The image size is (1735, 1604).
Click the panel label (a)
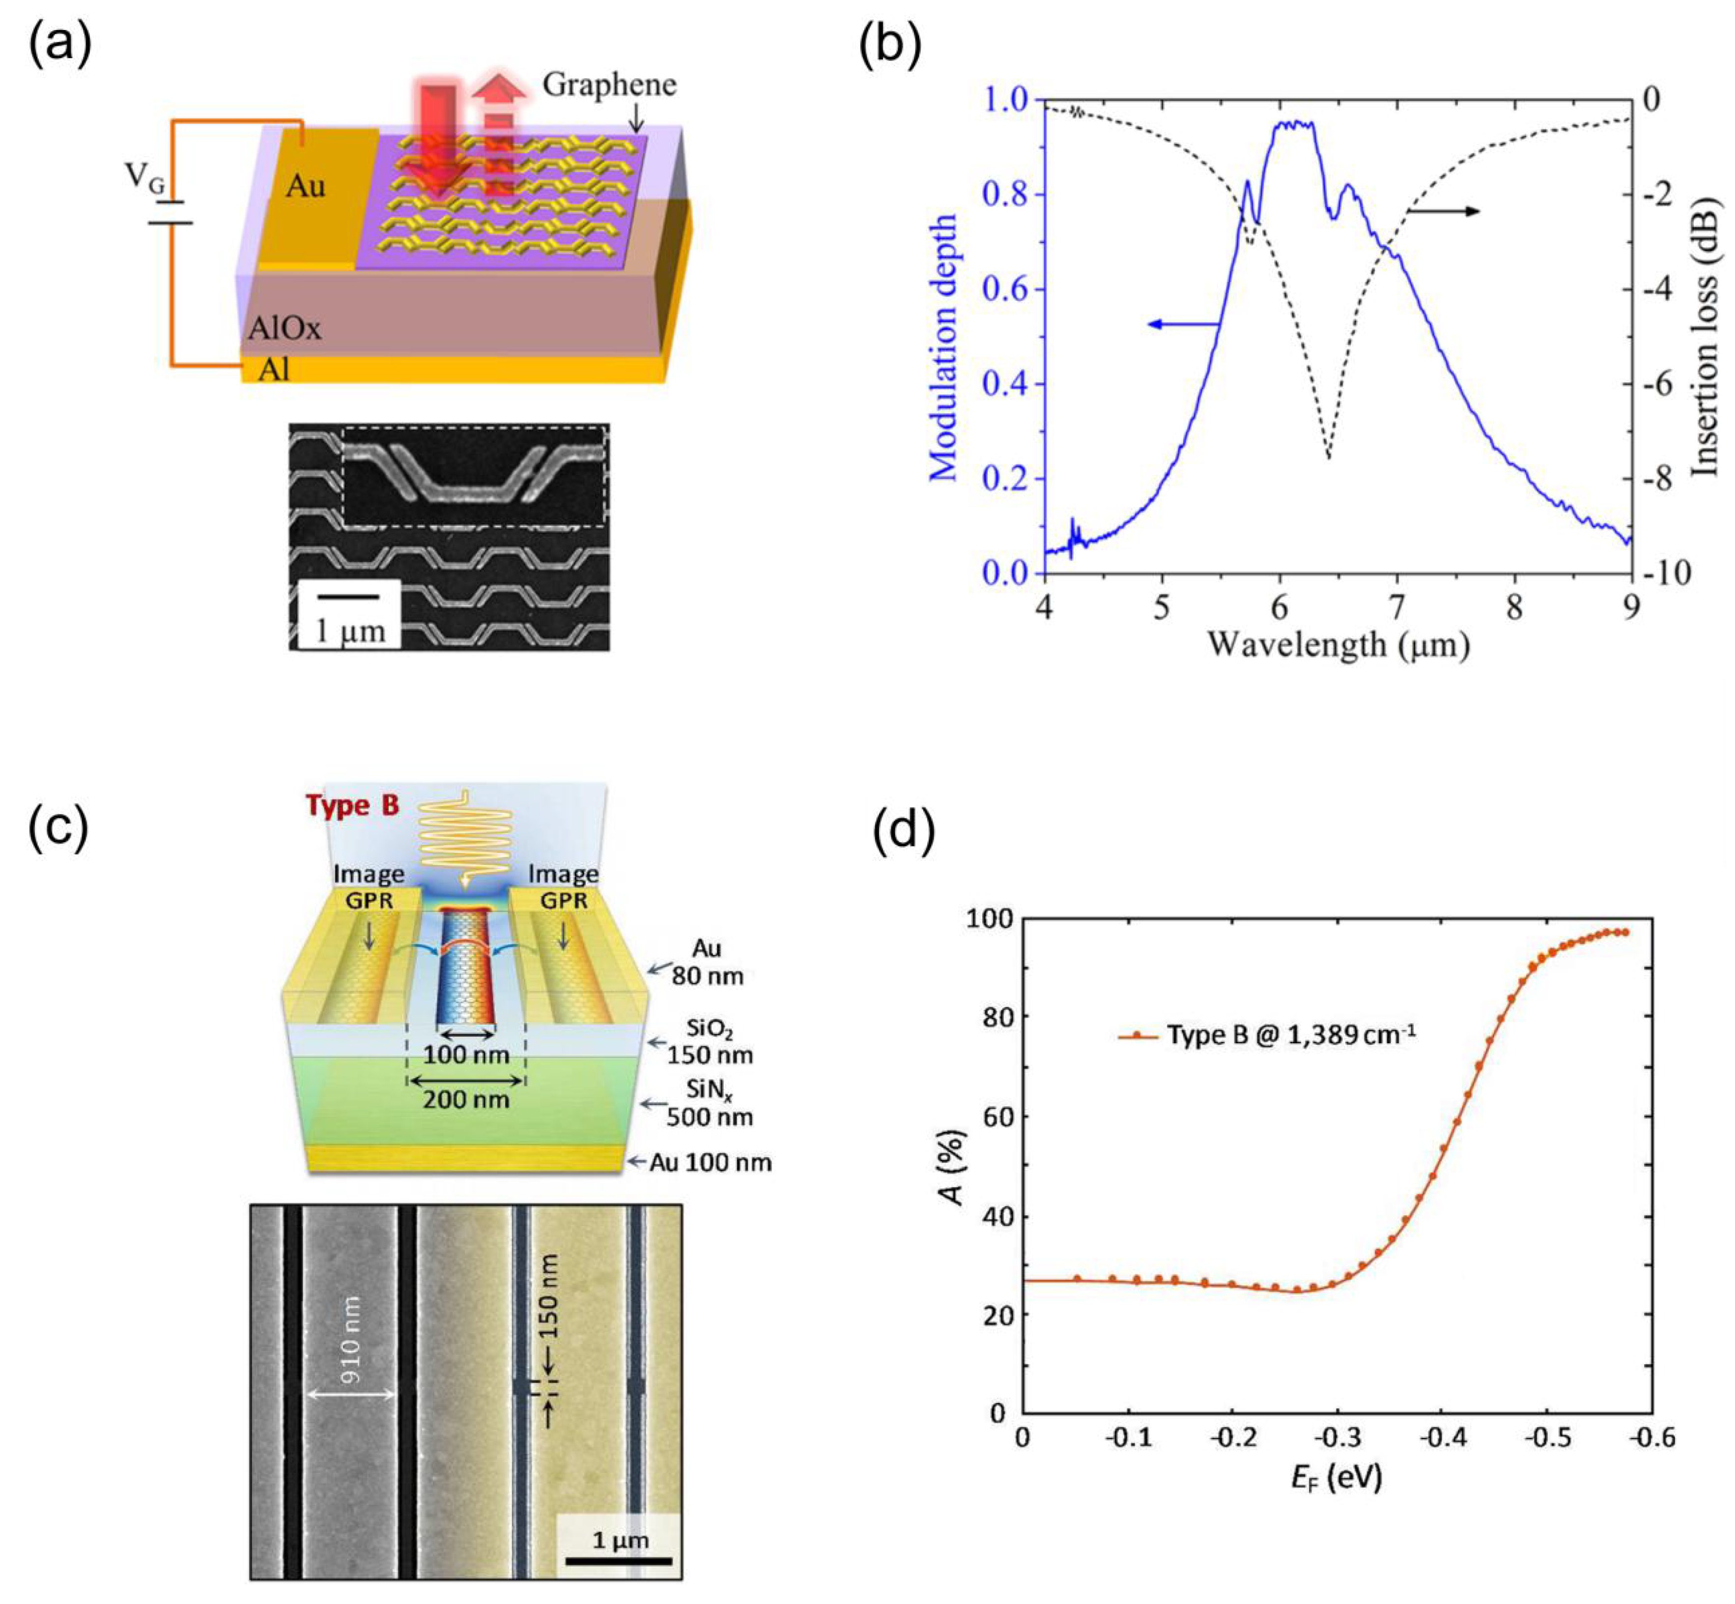point(59,45)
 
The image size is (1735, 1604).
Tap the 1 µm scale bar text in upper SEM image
point(349,630)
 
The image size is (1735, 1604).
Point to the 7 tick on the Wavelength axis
point(1396,607)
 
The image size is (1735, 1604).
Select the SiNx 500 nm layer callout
point(708,1103)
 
